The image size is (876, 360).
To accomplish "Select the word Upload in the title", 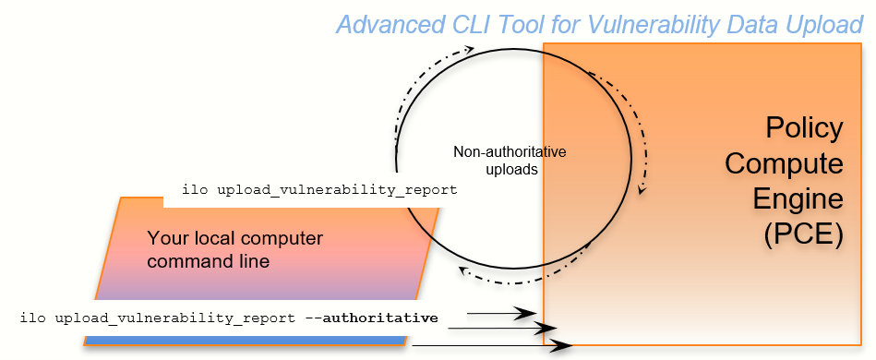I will [817, 24].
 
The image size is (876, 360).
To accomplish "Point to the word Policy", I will [804, 128].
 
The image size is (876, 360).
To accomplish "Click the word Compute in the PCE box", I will [784, 163].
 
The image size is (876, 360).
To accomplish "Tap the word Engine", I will [799, 198].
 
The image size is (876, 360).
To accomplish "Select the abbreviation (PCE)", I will [803, 234].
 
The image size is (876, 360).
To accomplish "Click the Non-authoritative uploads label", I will [510, 160].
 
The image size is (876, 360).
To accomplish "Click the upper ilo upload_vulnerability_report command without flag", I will [319, 190].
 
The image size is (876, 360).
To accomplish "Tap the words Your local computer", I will [234, 238].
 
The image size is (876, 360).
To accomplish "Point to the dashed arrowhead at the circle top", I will [471, 49].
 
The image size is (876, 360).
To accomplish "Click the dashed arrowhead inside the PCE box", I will [642, 190].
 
